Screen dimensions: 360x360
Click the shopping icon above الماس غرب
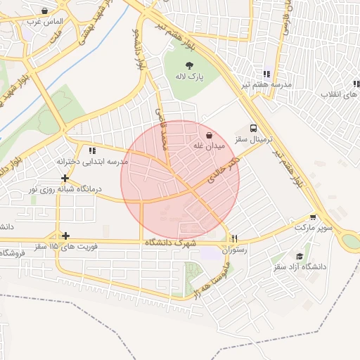[x=45, y=11]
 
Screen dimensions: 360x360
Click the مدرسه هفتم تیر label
[x=267, y=84]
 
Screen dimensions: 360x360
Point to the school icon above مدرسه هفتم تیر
[x=266, y=73]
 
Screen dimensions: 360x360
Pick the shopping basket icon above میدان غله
[x=209, y=134]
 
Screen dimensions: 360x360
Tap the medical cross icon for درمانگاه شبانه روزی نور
[x=65, y=178]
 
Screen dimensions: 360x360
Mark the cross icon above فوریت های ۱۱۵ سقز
[x=65, y=236]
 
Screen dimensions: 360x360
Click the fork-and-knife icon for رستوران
[x=236, y=238]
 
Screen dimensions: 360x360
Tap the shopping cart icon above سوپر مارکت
[x=312, y=217]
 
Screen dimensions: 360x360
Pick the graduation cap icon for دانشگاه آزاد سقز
[x=300, y=256]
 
